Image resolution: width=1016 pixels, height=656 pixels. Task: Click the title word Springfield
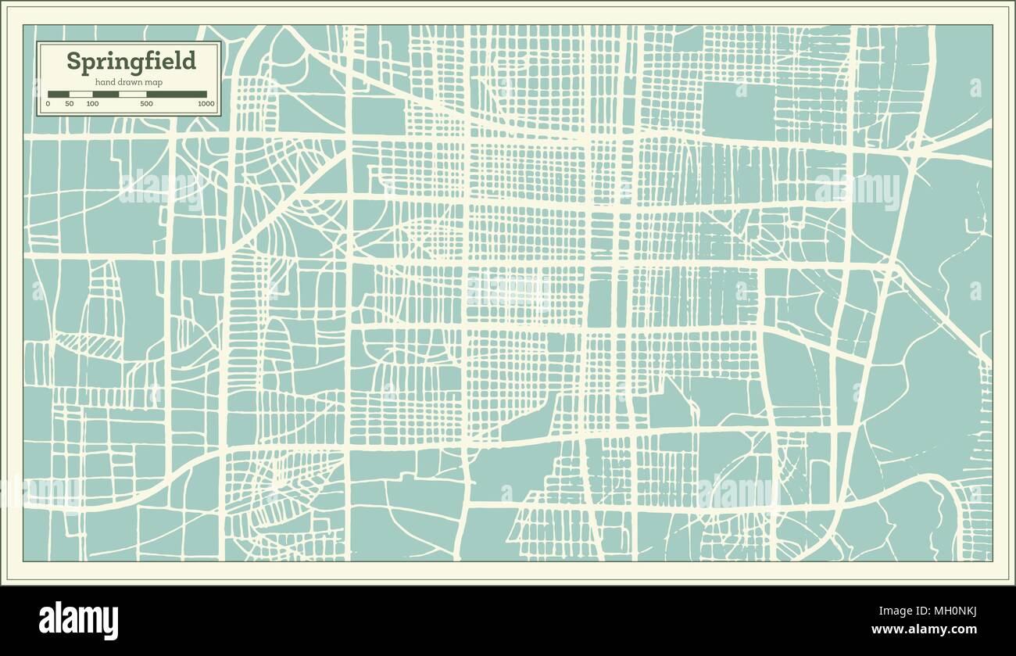131,61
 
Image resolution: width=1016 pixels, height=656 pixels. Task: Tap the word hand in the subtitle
106,82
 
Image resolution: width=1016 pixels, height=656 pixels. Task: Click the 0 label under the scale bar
48,103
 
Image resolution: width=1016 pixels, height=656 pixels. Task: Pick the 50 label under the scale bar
69,103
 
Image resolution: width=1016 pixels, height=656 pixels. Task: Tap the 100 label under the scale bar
92,103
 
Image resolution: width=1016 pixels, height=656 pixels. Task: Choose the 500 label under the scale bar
146,103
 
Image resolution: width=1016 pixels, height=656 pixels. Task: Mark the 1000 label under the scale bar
206,103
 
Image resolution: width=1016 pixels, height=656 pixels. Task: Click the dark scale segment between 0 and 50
59,94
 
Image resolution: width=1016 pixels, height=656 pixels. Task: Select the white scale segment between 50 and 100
80,94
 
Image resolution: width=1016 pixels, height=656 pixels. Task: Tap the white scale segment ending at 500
132,94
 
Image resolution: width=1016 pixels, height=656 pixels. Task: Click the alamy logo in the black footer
79,620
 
